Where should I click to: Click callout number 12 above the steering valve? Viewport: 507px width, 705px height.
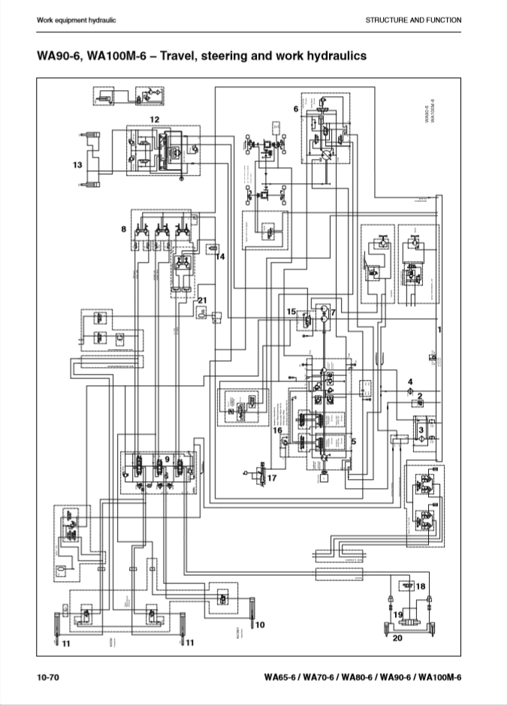(x=154, y=119)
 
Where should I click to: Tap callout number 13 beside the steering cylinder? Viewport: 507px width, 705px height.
(x=77, y=164)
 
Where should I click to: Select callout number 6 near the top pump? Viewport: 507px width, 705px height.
(x=296, y=109)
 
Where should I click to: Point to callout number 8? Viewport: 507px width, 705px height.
(x=124, y=228)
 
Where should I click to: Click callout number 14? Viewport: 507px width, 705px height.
(x=220, y=257)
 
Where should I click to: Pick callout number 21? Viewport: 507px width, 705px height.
(x=201, y=300)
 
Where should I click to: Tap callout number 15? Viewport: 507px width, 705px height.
(x=291, y=311)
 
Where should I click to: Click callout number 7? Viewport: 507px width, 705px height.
(x=333, y=312)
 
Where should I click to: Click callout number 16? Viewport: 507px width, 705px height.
(x=277, y=430)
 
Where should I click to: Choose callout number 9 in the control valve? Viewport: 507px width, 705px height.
(x=167, y=458)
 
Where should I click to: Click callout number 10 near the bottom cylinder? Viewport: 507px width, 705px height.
(x=260, y=624)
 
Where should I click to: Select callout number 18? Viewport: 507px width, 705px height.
(x=421, y=586)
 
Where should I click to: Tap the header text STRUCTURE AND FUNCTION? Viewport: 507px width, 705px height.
(x=413, y=20)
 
